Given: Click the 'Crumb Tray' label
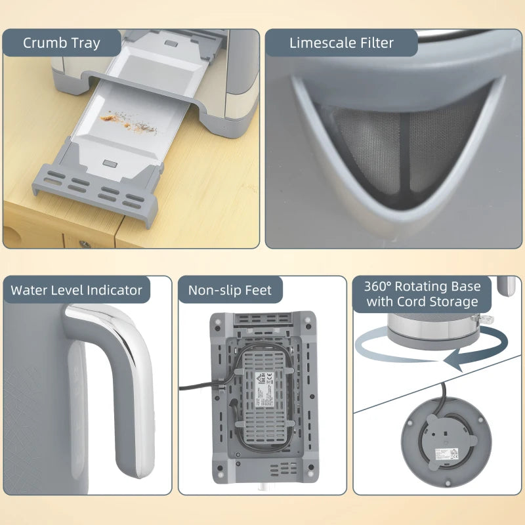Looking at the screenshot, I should pyautogui.click(x=62, y=43).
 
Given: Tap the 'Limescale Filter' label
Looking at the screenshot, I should pyautogui.click(x=341, y=43).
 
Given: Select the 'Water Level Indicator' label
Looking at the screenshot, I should pyautogui.click(x=76, y=290).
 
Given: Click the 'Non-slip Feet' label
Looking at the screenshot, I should pyautogui.click(x=230, y=290).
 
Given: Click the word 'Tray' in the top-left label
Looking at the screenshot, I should pyautogui.click(x=86, y=43).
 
